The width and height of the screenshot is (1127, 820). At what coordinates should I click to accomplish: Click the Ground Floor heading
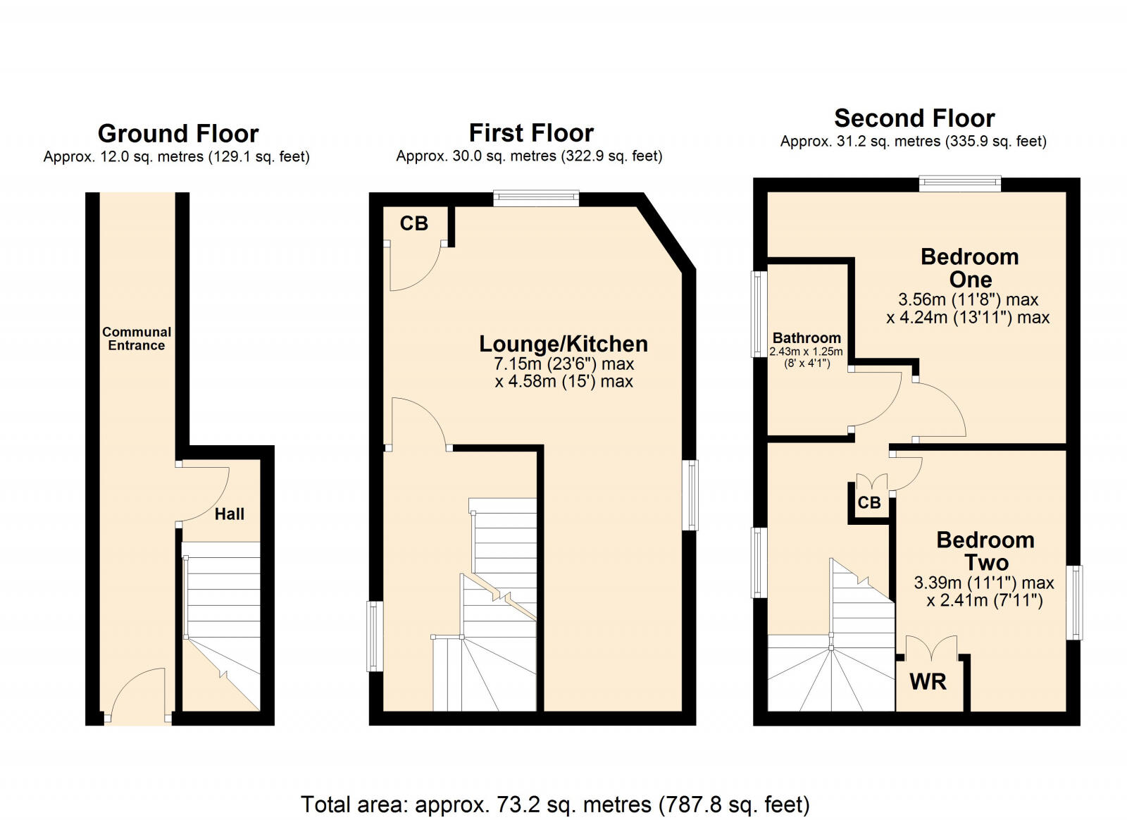[178, 133]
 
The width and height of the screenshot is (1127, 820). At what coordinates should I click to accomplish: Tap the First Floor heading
[531, 132]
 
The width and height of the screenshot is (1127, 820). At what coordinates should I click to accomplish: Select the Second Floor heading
[914, 118]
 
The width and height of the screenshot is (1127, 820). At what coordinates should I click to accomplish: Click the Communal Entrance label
[137, 338]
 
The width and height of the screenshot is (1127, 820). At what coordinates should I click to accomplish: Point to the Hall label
[230, 514]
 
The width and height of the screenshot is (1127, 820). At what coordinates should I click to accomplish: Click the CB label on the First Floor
[413, 223]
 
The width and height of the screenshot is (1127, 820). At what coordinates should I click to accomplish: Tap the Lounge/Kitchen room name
[563, 344]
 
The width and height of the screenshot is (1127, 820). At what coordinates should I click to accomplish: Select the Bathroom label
[807, 338]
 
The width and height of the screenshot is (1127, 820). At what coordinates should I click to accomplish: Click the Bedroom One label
[969, 268]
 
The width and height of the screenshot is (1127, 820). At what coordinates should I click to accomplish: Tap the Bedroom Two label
[985, 551]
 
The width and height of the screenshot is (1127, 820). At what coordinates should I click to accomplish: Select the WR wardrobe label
[928, 682]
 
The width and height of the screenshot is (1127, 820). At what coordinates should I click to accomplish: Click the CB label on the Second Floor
[869, 502]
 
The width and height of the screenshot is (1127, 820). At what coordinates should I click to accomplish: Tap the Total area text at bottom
[555, 804]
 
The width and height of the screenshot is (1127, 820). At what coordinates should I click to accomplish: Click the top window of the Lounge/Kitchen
[536, 199]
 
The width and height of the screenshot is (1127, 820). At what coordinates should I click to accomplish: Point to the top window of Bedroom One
[960, 185]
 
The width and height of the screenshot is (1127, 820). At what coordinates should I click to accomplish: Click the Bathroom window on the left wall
[759, 315]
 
